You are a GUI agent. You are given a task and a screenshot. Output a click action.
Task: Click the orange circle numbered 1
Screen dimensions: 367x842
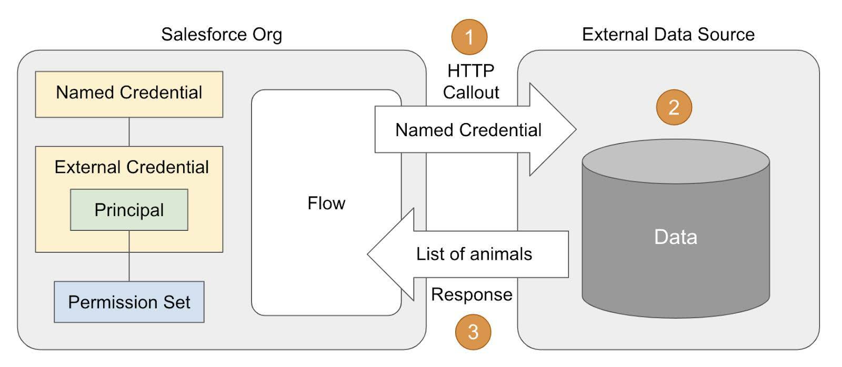point(469,37)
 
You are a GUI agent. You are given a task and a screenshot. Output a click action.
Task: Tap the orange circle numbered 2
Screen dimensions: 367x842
point(674,107)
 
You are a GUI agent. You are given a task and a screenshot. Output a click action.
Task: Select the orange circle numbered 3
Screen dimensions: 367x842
point(473,332)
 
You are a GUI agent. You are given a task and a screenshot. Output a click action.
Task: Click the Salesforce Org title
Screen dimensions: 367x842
point(222,35)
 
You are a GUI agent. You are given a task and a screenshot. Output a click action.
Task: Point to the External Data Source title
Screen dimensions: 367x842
point(668,35)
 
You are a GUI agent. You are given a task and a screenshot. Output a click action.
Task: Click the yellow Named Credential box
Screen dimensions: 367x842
point(129,94)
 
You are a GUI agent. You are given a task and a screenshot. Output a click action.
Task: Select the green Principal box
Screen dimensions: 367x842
point(129,210)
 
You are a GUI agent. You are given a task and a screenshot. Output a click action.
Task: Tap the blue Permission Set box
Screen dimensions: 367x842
point(129,302)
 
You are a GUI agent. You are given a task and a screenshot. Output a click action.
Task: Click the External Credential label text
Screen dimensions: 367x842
point(132,167)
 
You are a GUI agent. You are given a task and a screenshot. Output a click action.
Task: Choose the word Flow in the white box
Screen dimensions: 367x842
point(326,203)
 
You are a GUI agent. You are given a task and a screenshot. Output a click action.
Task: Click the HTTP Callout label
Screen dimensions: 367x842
point(470,81)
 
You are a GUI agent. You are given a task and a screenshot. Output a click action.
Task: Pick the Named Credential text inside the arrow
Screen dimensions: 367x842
point(468,130)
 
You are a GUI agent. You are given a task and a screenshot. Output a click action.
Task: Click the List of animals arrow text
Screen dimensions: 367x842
point(474,254)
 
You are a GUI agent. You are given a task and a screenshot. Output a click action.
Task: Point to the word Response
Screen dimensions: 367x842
point(472,294)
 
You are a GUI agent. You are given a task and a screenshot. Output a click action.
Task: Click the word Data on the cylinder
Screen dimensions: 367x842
point(675,237)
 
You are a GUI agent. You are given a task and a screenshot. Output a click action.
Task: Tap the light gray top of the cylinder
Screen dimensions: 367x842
point(675,161)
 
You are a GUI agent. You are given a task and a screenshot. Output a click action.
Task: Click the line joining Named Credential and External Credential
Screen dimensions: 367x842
point(129,131)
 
